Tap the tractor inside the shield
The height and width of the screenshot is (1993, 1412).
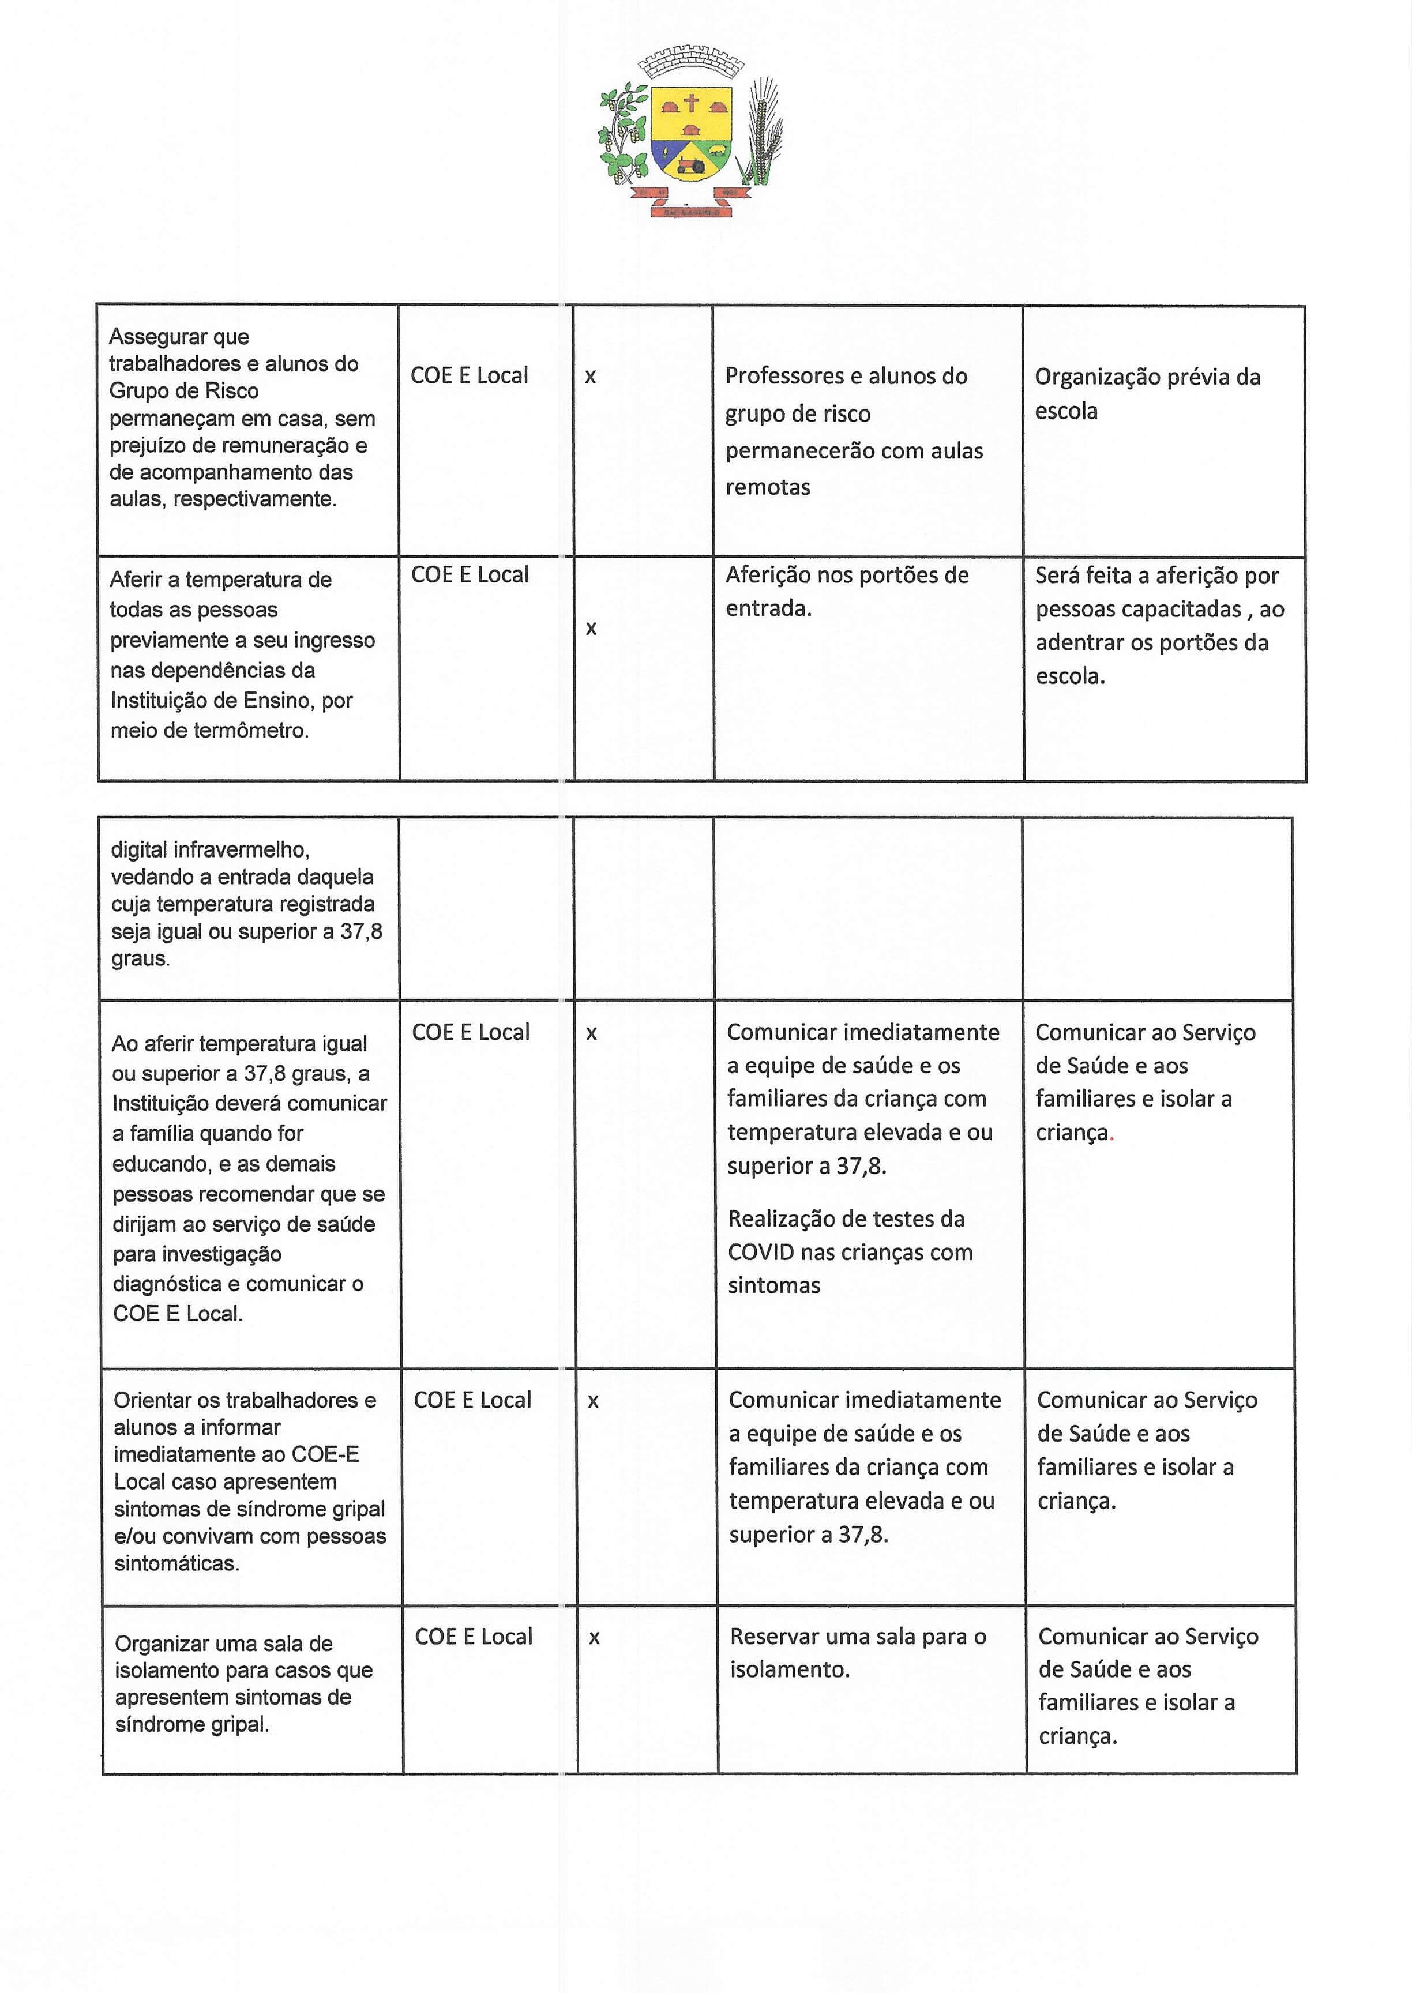pyautogui.click(x=692, y=163)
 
